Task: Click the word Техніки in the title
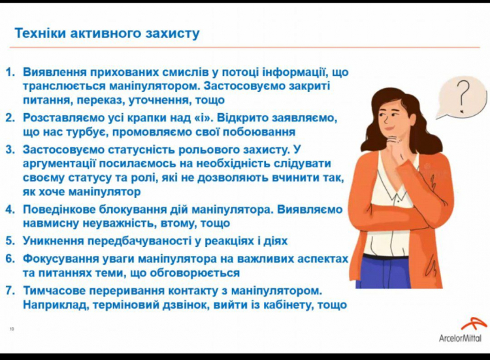(41, 33)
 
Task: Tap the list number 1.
(10, 72)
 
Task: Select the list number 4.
(10, 209)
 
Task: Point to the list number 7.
(10, 291)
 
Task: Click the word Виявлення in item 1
(54, 72)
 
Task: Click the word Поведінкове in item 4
(59, 209)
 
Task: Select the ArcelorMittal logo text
(460, 338)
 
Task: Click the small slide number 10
(12, 329)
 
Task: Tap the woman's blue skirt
(386, 271)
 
